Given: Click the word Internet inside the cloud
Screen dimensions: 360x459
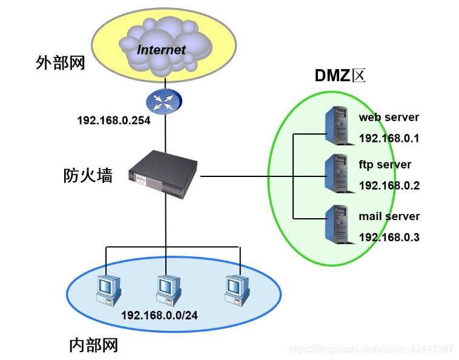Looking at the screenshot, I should click(161, 49).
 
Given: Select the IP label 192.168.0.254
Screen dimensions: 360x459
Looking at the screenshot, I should click(113, 121).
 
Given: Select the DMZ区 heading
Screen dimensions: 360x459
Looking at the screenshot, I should click(341, 76).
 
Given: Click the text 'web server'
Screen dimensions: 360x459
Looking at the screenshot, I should click(388, 117).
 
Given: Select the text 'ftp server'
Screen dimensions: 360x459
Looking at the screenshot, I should click(385, 165).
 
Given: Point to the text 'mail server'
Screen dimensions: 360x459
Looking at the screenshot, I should click(389, 216).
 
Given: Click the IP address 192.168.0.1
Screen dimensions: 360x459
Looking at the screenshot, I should click(389, 139).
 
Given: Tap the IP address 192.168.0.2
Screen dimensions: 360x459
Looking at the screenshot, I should click(389, 186).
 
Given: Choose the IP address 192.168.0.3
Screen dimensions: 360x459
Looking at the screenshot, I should click(389, 238).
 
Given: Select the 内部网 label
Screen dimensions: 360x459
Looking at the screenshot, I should click(93, 345).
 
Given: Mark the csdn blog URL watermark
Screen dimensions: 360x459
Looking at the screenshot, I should click(371, 349).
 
